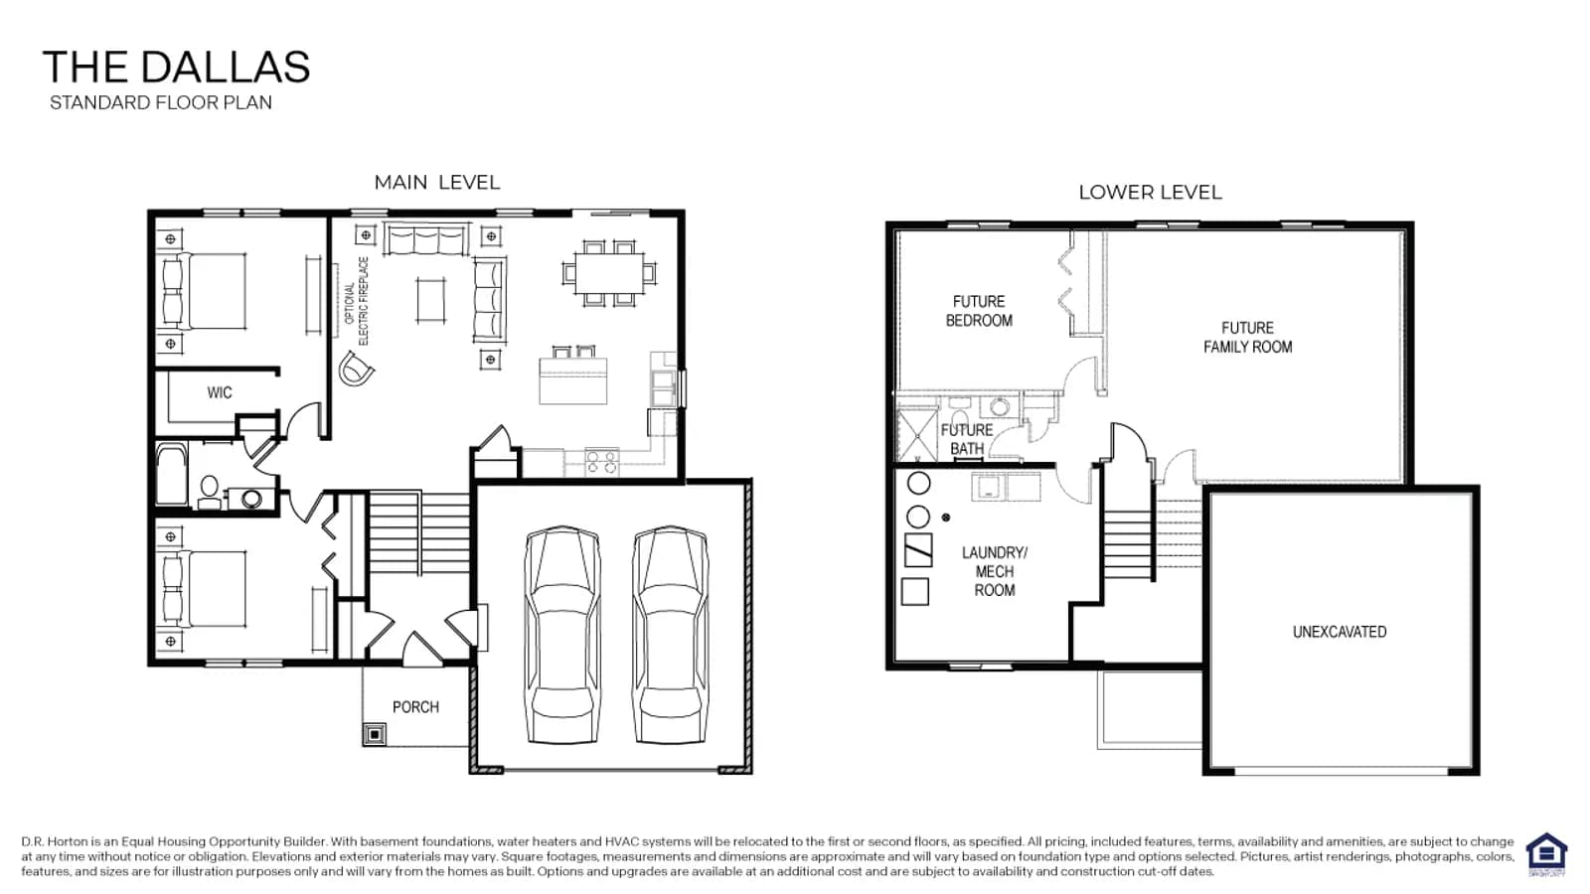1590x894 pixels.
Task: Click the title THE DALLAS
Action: click(x=176, y=68)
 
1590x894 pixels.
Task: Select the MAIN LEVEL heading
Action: click(x=437, y=183)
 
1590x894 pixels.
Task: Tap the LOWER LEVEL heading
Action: click(x=1150, y=193)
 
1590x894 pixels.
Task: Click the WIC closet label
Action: click(x=220, y=392)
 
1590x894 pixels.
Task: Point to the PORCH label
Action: click(x=416, y=706)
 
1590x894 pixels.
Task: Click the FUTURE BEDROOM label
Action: click(x=979, y=311)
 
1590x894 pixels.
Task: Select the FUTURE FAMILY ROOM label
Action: click(x=1247, y=337)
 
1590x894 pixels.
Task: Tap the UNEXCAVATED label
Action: click(x=1340, y=632)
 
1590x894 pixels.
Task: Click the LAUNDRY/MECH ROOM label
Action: click(x=995, y=571)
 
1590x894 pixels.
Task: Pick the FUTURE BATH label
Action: click(x=967, y=439)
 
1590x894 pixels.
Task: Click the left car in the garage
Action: click(x=562, y=635)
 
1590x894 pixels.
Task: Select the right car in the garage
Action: click(x=670, y=635)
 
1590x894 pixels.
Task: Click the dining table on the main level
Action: click(x=610, y=273)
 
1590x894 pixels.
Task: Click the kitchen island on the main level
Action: click(x=572, y=380)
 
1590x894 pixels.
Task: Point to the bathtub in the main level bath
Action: click(x=171, y=475)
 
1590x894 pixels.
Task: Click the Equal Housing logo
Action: click(x=1546, y=855)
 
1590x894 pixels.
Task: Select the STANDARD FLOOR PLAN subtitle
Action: click(x=161, y=103)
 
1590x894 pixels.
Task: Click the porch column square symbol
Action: click(x=375, y=734)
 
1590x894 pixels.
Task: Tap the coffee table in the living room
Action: click(x=431, y=300)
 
